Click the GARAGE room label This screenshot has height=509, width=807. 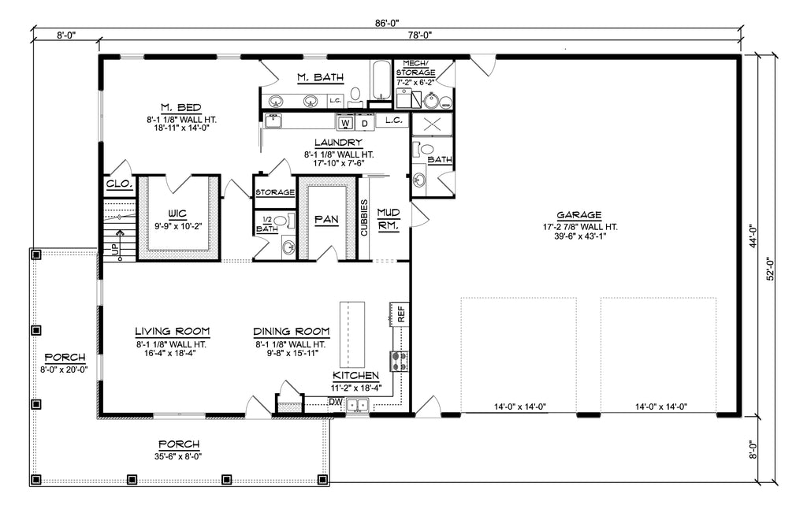tap(579, 215)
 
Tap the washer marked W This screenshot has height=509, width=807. tap(346, 123)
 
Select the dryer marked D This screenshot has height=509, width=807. tap(365, 123)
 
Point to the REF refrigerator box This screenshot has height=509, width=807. tap(400, 314)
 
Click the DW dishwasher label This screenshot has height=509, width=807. tap(336, 401)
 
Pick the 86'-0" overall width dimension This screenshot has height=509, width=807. tap(387, 23)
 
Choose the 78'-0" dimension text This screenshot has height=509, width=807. tap(420, 35)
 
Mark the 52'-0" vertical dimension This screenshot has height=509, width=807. tap(771, 269)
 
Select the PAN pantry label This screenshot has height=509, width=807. tap(327, 220)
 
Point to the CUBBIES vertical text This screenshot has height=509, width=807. tap(364, 217)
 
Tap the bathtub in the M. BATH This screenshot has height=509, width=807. tap(381, 80)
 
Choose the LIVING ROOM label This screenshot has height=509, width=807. tap(173, 332)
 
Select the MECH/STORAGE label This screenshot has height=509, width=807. tap(415, 68)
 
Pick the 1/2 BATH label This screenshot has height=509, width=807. tap(266, 224)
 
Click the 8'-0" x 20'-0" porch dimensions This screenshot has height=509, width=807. tap(65, 369)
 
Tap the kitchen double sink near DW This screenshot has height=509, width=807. tap(357, 405)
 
